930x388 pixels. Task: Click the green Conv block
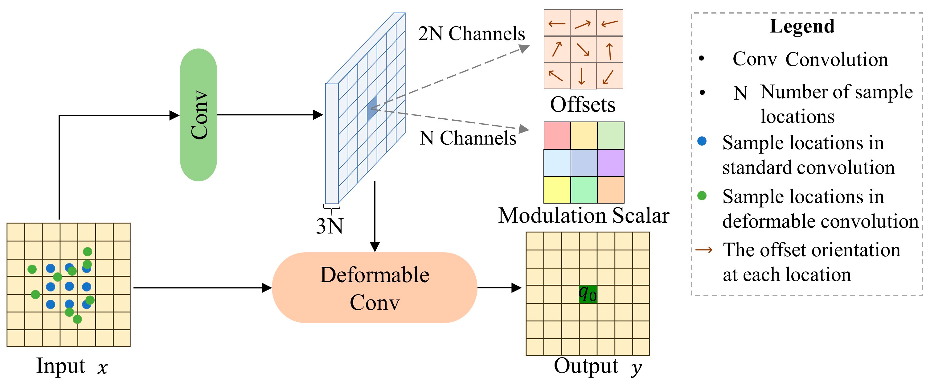pyautogui.click(x=198, y=115)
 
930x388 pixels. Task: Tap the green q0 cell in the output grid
pyautogui.click(x=588, y=294)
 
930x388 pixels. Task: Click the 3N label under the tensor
pyautogui.click(x=330, y=226)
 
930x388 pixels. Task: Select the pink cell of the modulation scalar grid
pyautogui.click(x=557, y=135)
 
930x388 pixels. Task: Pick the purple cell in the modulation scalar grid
pyautogui.click(x=610, y=163)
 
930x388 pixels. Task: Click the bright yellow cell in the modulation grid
pyautogui.click(x=557, y=190)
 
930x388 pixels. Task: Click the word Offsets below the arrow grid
pyautogui.click(x=582, y=105)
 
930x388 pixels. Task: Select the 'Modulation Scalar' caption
pyautogui.click(x=584, y=216)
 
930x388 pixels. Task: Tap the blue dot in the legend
pyautogui.click(x=702, y=141)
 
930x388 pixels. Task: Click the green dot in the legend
pyautogui.click(x=702, y=196)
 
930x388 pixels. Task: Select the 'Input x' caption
pyautogui.click(x=72, y=366)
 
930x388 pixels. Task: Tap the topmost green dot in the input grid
pyautogui.click(x=87, y=251)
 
